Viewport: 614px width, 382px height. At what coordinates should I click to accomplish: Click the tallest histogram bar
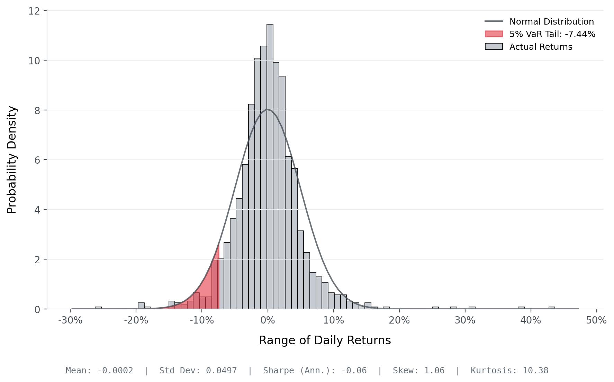[270, 166]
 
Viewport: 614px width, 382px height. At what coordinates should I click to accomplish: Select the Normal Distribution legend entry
[551, 22]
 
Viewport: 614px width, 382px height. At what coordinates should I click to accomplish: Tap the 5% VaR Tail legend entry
[552, 34]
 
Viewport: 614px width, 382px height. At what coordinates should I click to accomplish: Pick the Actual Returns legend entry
[541, 47]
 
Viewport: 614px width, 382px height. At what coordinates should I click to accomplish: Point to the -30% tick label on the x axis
[70, 320]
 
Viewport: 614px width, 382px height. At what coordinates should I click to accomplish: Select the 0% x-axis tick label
[268, 320]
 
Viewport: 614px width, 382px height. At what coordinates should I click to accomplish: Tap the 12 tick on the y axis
[34, 11]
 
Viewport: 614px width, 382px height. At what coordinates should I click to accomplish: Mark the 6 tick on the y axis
[37, 160]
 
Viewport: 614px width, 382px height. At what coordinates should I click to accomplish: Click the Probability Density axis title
[12, 160]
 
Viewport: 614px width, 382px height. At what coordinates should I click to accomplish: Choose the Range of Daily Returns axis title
[325, 340]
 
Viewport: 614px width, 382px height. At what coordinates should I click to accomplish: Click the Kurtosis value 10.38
[535, 371]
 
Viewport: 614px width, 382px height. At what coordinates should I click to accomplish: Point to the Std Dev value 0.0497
[222, 371]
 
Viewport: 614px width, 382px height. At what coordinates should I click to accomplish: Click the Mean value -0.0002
[115, 371]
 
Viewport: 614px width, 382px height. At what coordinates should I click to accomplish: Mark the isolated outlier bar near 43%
[552, 308]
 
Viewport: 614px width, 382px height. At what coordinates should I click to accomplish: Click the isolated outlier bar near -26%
[98, 308]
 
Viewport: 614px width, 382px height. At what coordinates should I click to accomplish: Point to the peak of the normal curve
[267, 109]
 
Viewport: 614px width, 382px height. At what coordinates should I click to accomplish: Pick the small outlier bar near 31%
[472, 308]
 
